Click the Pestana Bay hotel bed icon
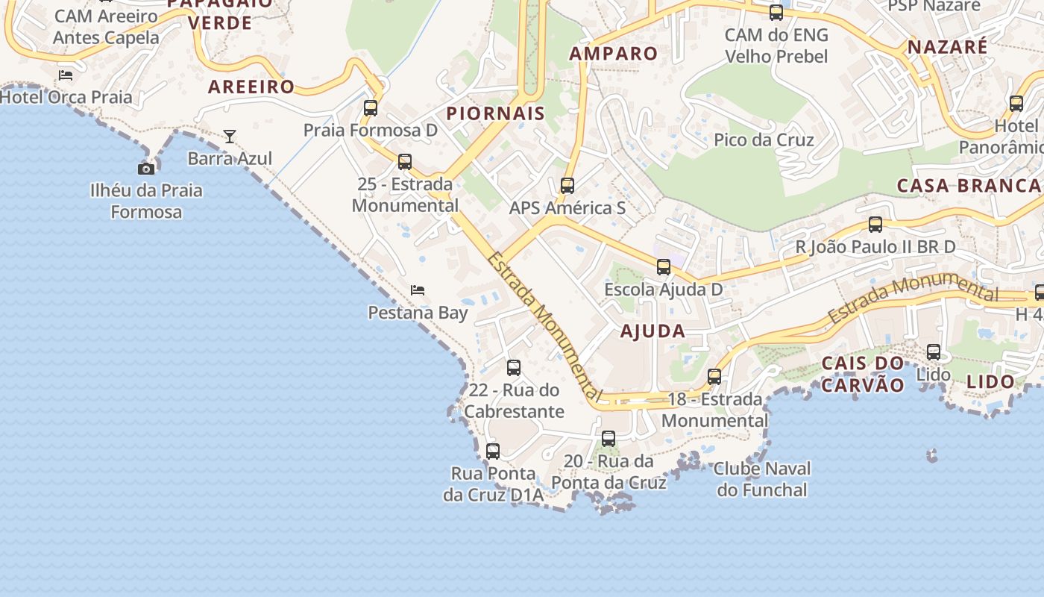tap(418, 290)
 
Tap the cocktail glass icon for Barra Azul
tap(230, 136)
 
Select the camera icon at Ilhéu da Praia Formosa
tap(146, 169)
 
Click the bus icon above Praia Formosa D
tap(371, 107)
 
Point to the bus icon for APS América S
tap(567, 185)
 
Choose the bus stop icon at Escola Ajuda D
tap(664, 266)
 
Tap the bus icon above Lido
tap(934, 351)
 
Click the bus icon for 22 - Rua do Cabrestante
tap(514, 367)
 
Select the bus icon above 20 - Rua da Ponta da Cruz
tap(609, 438)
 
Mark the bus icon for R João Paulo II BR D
tap(875, 224)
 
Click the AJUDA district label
tap(652, 331)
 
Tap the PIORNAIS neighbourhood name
tap(495, 113)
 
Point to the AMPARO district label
tap(614, 54)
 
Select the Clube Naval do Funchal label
tap(762, 479)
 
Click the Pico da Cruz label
tap(764, 140)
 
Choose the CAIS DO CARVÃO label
tap(863, 374)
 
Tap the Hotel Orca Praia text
tap(66, 97)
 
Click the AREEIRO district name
tap(251, 87)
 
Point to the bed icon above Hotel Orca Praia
tap(66, 75)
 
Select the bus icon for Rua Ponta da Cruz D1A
tap(493, 451)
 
